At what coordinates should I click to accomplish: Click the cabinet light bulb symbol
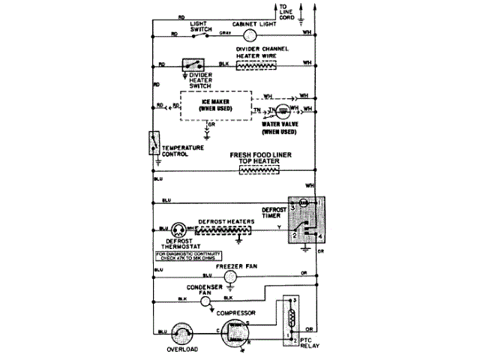click(250, 34)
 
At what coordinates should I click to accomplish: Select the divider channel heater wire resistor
click(256, 66)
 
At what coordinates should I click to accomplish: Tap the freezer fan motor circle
click(231, 276)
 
